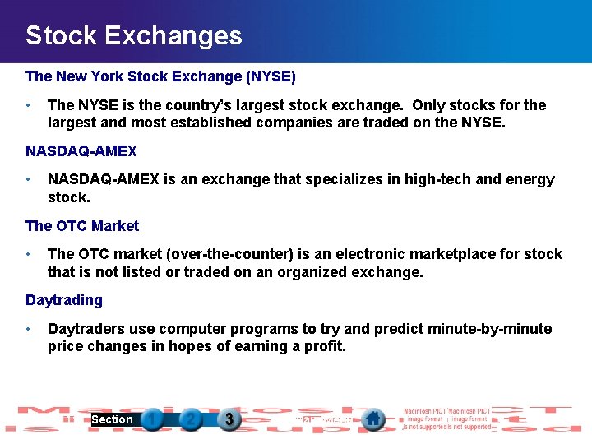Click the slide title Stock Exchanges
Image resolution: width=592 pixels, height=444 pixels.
tap(133, 35)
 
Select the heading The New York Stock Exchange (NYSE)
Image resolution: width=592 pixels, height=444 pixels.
tap(160, 76)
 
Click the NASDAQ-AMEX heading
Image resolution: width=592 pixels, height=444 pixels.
tap(81, 151)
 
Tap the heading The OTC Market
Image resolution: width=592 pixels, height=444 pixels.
tap(82, 226)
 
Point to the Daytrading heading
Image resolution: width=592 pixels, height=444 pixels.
tap(64, 300)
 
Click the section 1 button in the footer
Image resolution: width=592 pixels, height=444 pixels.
tap(152, 420)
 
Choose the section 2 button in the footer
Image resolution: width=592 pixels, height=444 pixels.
tap(191, 420)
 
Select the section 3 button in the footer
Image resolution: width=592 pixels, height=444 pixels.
tap(229, 420)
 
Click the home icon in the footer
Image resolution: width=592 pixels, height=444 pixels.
tap(373, 419)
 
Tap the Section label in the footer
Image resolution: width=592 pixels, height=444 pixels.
tap(112, 420)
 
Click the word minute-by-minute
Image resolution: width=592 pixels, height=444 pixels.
tap(490, 329)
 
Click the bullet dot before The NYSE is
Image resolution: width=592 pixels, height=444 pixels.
tap(29, 106)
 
